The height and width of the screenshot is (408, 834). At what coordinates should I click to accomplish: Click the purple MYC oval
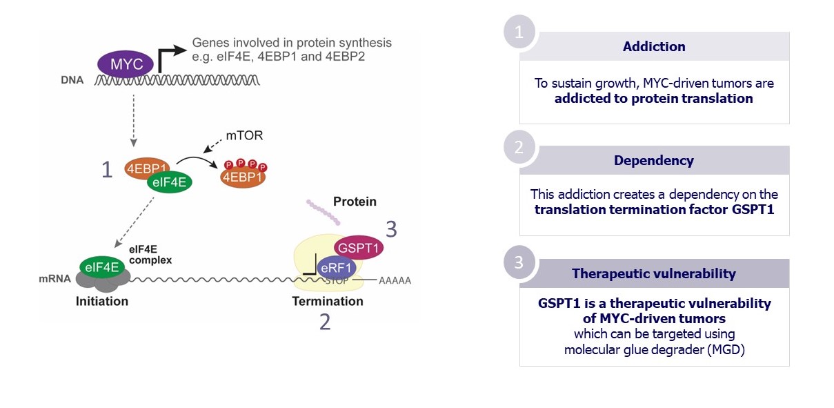126,64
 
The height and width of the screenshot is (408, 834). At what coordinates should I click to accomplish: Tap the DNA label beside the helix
72,80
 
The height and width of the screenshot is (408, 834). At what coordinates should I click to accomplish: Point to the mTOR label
244,135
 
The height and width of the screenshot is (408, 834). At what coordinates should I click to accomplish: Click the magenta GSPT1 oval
359,247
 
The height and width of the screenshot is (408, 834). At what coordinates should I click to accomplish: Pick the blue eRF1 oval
336,268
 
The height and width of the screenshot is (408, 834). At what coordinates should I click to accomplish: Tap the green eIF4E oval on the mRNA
102,267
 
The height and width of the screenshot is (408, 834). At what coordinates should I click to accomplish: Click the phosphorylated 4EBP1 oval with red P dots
243,177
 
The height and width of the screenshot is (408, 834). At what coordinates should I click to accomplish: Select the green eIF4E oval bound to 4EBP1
170,182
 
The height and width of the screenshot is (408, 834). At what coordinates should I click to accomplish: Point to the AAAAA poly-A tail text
395,280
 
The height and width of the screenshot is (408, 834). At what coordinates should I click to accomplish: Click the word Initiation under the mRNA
102,301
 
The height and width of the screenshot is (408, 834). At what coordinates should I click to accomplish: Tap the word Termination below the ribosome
328,301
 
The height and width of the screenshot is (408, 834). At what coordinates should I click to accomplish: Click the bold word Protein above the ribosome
355,202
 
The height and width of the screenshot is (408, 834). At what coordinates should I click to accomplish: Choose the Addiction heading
654,46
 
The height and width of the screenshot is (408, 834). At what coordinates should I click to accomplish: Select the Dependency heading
654,161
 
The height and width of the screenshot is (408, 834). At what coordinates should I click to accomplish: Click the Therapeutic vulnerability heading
654,274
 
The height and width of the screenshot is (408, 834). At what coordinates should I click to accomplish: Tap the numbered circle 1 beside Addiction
519,32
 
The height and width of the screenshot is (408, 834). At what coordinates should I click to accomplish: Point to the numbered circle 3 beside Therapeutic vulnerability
519,262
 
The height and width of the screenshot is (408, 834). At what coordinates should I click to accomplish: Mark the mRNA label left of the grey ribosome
54,279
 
